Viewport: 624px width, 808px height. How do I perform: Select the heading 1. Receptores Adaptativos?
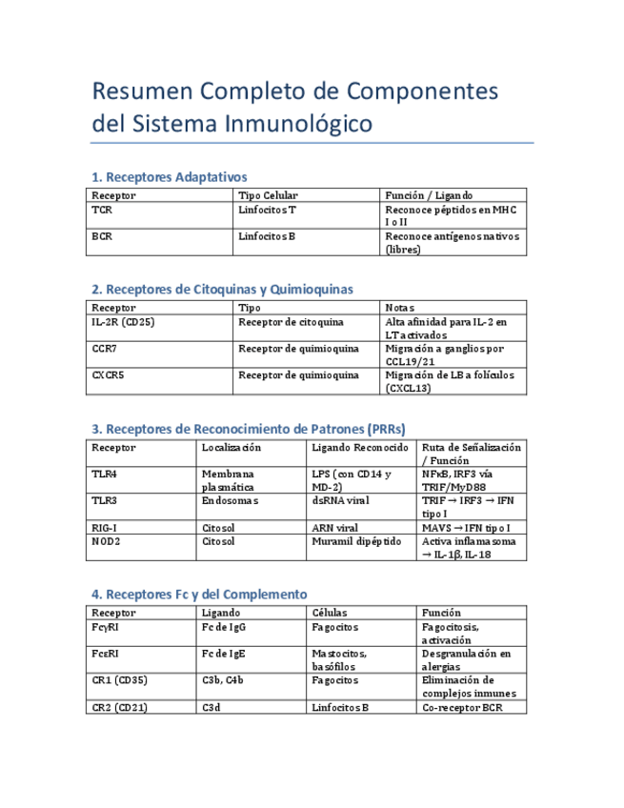point(169,177)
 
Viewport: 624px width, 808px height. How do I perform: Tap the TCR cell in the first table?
point(101,208)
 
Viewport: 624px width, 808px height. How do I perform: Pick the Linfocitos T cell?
point(267,208)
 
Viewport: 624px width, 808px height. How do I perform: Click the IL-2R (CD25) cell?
point(124,323)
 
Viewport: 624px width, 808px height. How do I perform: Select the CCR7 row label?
point(106,350)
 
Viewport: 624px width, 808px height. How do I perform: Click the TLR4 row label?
point(104,473)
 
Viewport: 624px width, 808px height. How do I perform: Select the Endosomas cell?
point(230,499)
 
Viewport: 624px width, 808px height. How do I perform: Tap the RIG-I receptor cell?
point(105,527)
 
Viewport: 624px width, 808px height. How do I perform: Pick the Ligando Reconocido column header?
point(360,447)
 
